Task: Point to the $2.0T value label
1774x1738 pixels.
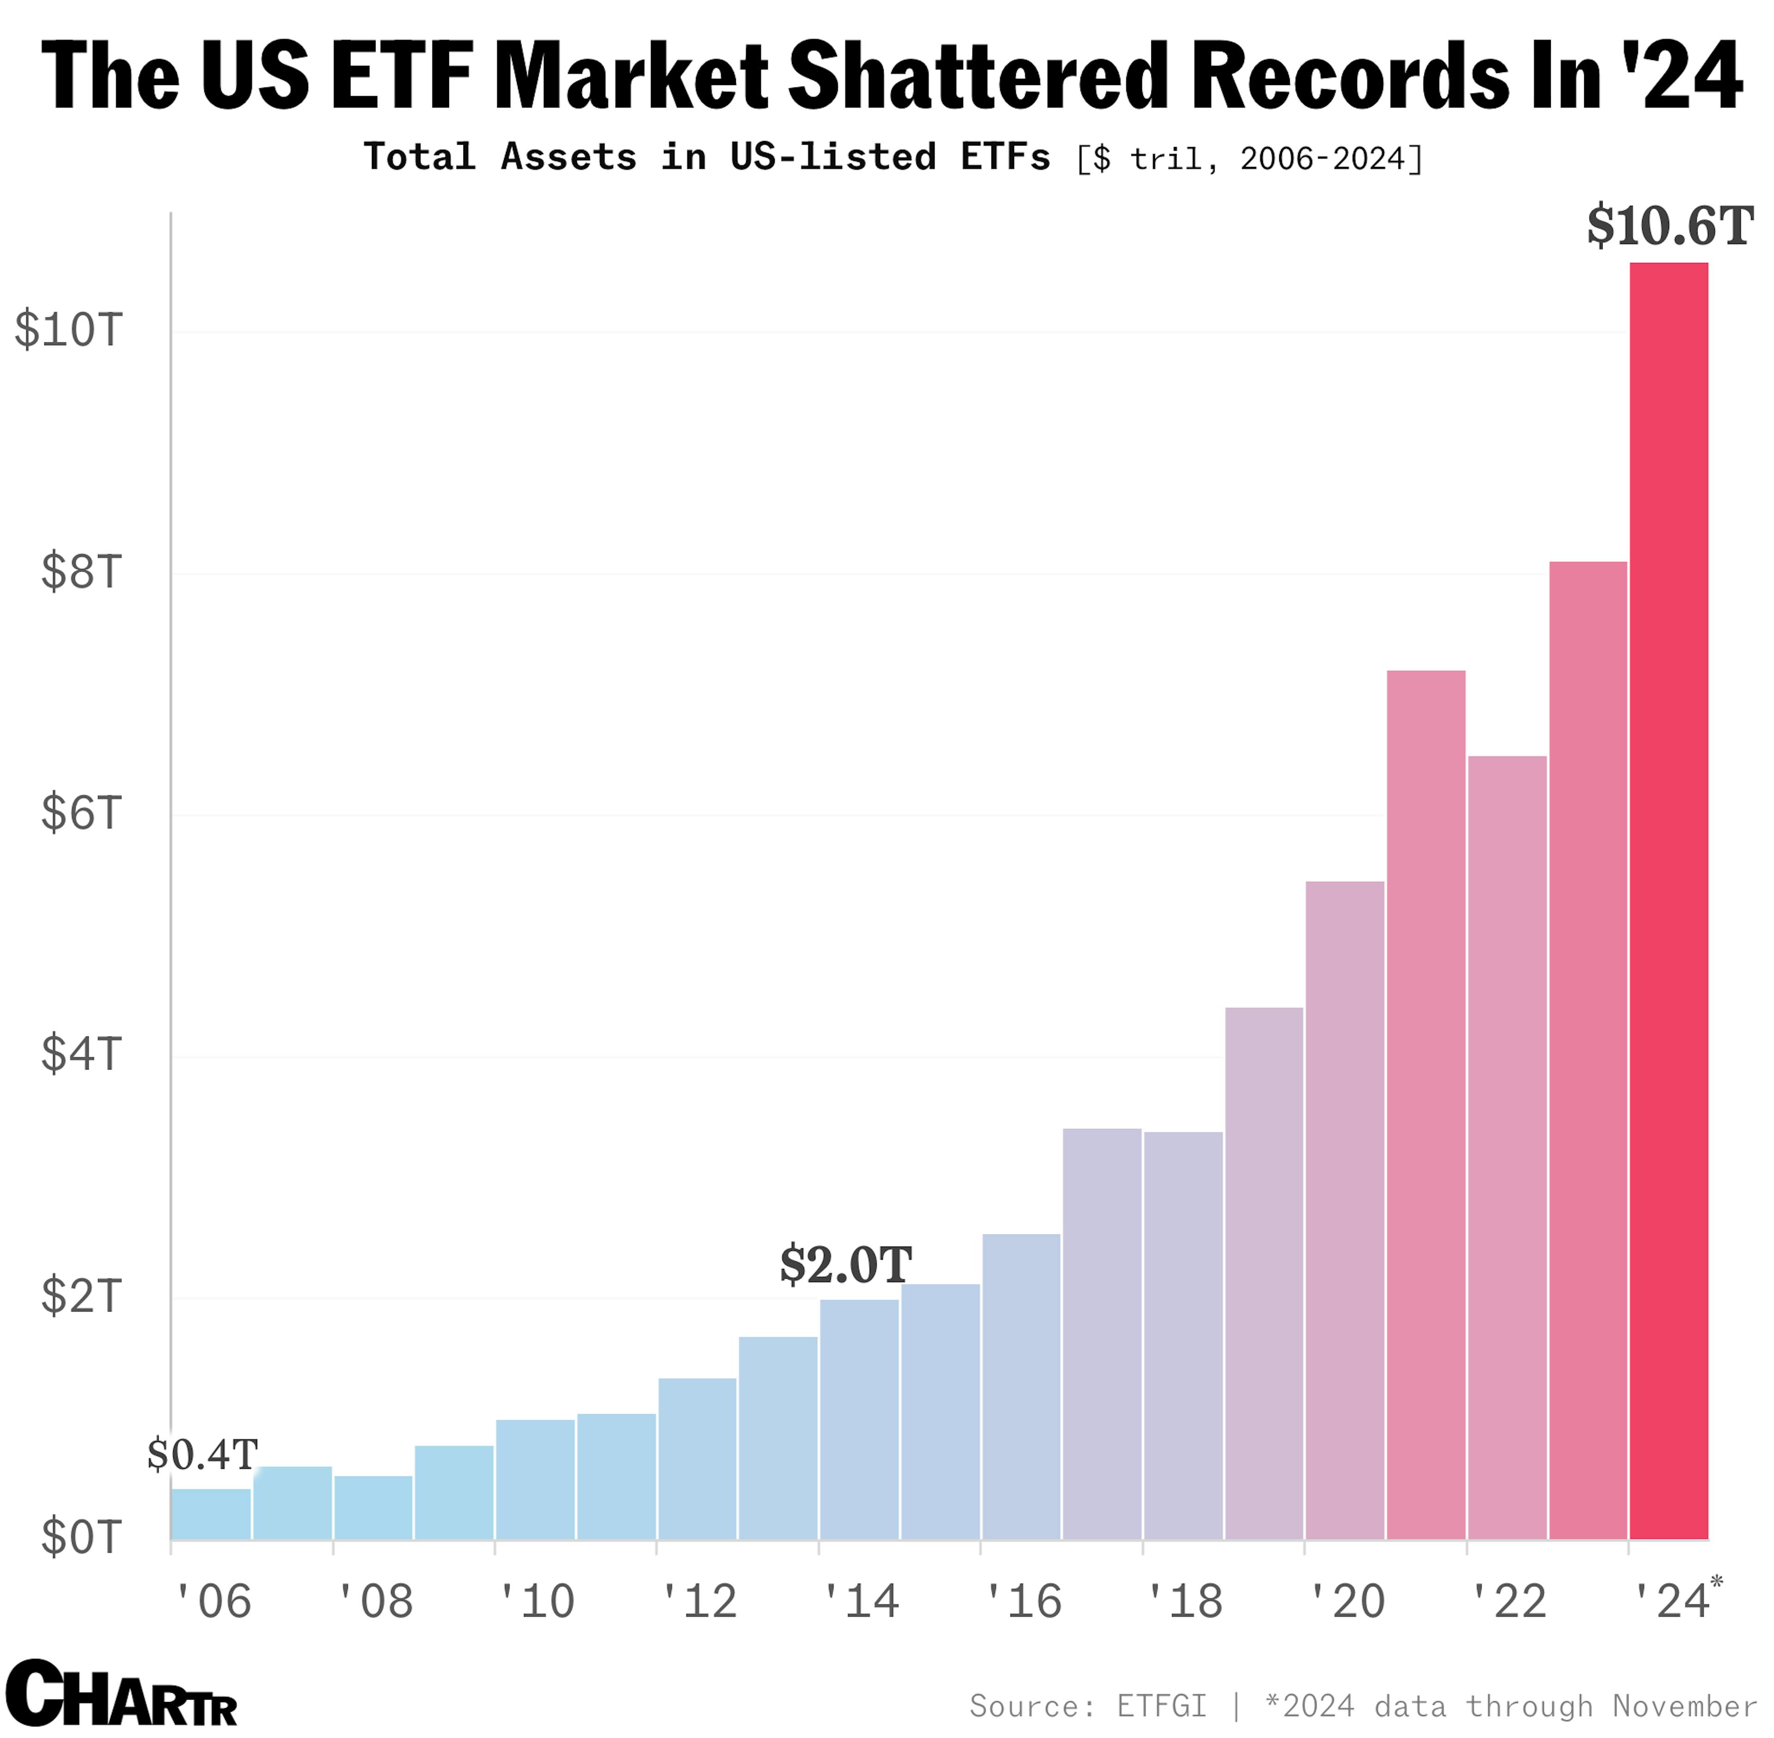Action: tap(845, 1265)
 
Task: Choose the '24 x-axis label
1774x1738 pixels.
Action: tap(1670, 1602)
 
